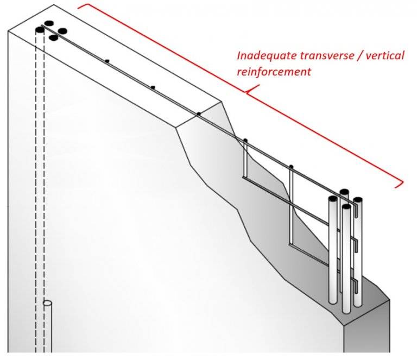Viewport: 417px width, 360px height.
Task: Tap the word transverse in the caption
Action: [x=317, y=56]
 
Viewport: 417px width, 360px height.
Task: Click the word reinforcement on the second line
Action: [x=274, y=71]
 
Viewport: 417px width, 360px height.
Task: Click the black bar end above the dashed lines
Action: [x=40, y=29]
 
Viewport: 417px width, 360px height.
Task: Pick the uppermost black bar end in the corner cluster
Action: [x=49, y=23]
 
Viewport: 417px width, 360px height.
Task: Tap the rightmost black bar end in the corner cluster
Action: [x=62, y=31]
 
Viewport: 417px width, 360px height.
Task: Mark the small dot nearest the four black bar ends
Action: [x=107, y=61]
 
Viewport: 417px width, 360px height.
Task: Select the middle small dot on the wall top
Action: [x=153, y=87]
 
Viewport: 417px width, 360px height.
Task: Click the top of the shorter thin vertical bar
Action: [x=245, y=141]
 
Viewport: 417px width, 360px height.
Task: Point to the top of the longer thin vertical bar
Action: [x=292, y=166]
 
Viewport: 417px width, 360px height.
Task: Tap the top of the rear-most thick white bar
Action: [x=344, y=192]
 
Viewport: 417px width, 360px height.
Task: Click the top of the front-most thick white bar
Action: [x=346, y=207]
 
